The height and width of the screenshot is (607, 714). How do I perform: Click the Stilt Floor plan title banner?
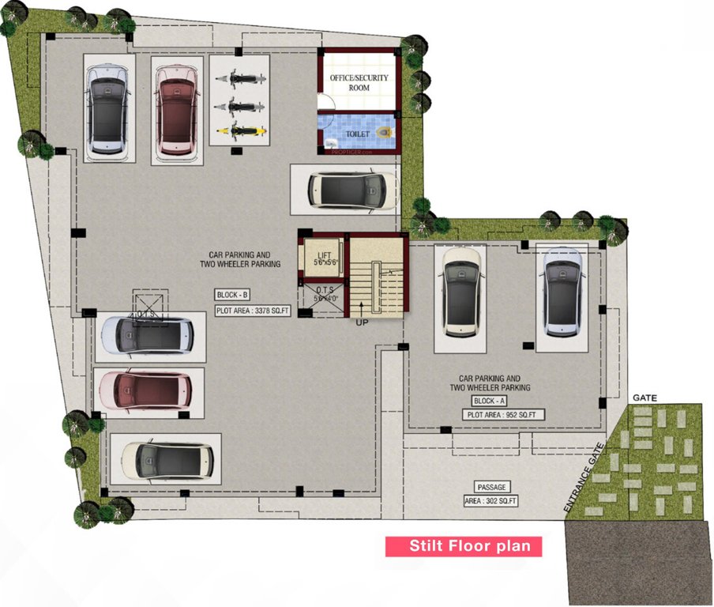(464, 546)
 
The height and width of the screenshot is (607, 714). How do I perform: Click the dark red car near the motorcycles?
(175, 110)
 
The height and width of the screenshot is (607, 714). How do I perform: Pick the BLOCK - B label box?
(231, 295)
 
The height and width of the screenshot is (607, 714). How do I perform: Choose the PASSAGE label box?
(490, 487)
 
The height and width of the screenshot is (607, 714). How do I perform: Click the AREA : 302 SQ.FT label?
(490, 501)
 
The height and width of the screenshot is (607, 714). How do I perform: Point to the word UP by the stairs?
(362, 322)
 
